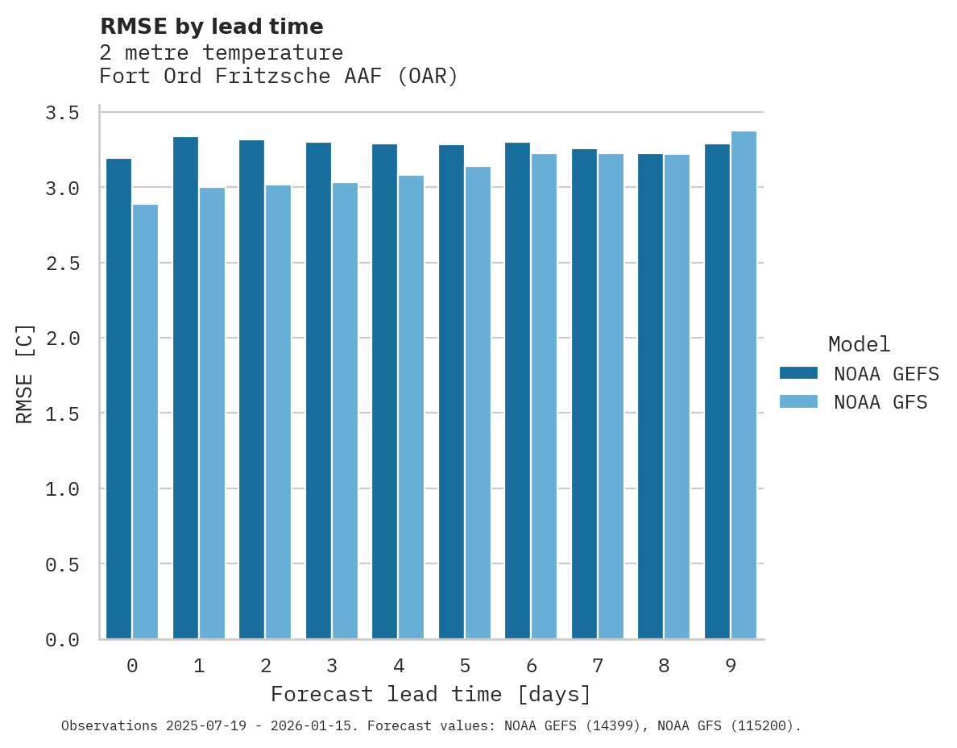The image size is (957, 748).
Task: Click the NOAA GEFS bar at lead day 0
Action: [118, 399]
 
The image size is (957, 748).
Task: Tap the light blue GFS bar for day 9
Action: [744, 385]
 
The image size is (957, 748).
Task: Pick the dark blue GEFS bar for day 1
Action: [185, 388]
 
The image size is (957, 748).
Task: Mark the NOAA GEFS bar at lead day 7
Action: [584, 394]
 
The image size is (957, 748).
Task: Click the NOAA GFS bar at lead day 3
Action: [345, 411]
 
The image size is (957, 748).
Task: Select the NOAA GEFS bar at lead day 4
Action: [384, 392]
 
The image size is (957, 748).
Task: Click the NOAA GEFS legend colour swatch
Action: [798, 373]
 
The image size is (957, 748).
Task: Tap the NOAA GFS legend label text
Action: [880, 402]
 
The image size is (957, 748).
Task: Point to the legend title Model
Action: [859, 344]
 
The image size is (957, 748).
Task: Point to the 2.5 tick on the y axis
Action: [62, 263]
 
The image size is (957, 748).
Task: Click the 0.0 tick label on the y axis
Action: [62, 640]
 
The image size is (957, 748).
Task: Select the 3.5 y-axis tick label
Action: [62, 112]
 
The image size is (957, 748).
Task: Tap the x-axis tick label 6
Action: [531, 666]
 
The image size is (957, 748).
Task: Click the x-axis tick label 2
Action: [265, 666]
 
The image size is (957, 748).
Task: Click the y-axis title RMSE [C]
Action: [25, 373]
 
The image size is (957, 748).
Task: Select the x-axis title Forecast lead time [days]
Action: [431, 694]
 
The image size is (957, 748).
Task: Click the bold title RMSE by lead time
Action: [211, 27]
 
